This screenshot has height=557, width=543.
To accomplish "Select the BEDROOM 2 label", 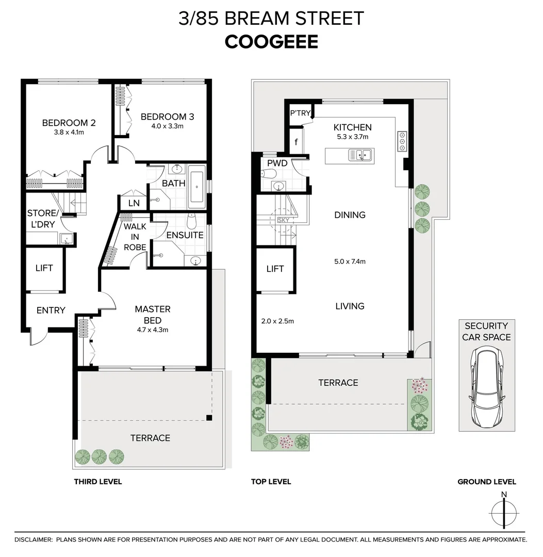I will click(69, 123).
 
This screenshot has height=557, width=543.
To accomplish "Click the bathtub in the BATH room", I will click(196, 187).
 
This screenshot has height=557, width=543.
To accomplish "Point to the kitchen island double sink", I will click(360, 154).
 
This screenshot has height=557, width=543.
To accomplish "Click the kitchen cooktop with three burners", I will click(402, 141).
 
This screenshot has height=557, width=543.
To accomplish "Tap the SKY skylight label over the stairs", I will click(283, 220).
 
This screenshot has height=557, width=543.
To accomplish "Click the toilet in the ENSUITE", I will click(192, 222).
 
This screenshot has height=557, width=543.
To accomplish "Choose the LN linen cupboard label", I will click(134, 203).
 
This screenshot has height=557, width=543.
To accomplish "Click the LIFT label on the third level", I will click(44, 268).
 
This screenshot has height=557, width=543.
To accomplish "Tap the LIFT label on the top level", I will click(275, 269).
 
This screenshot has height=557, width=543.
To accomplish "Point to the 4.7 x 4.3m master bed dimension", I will click(153, 330).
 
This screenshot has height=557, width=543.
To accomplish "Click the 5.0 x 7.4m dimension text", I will click(350, 261).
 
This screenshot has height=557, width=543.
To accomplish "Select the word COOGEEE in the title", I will click(271, 42).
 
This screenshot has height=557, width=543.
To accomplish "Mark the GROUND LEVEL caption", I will click(486, 482).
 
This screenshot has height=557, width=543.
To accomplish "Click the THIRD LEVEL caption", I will click(98, 482).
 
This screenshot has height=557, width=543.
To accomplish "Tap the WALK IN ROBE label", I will click(135, 237).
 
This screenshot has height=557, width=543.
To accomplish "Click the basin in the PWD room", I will click(278, 186).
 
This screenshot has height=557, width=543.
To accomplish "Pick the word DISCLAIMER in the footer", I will click(34, 539).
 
